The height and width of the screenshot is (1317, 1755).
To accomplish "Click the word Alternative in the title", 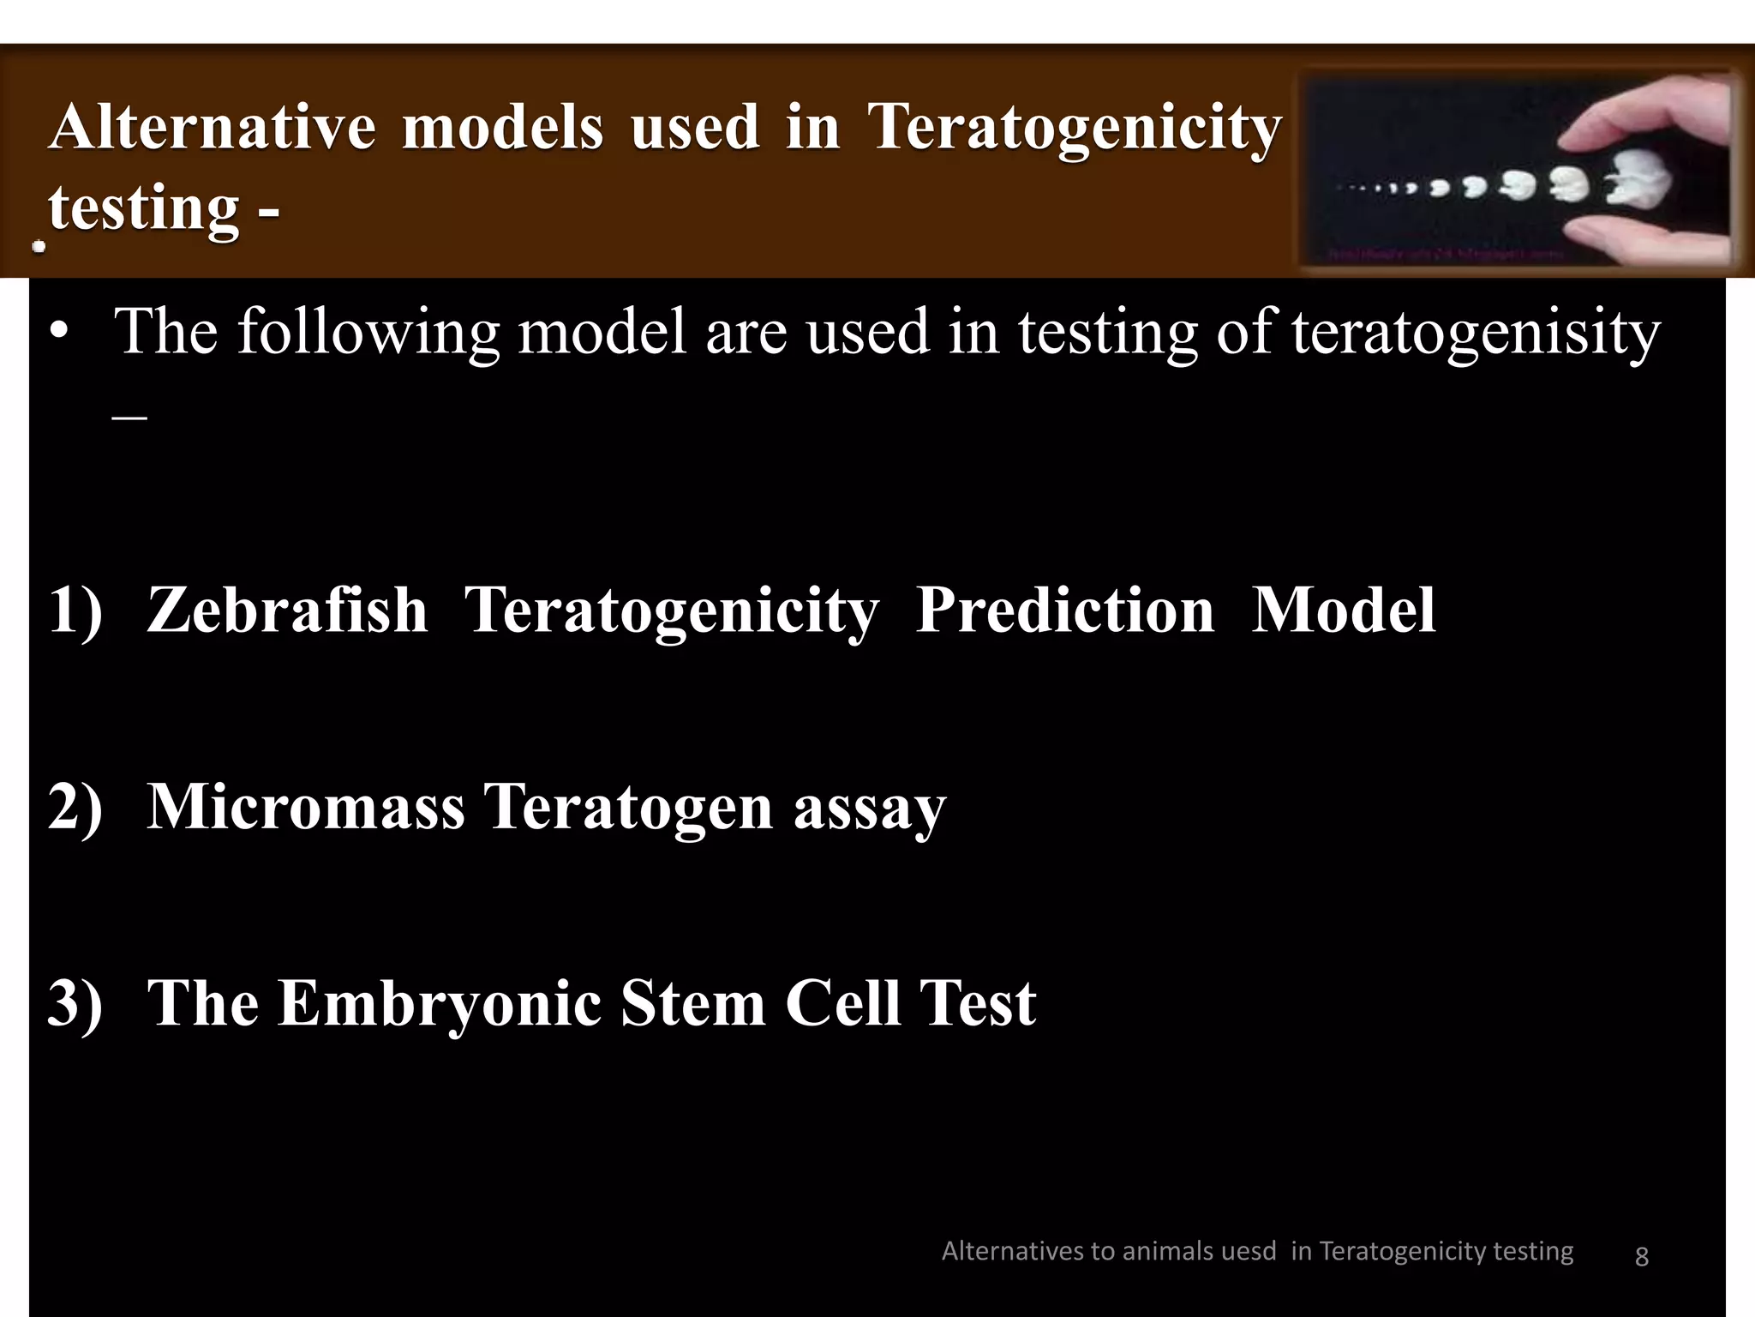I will [212, 127].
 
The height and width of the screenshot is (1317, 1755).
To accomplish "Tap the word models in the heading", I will [502, 127].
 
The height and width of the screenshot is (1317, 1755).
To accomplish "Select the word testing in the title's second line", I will [143, 207].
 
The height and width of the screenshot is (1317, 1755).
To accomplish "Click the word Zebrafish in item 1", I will [287, 610].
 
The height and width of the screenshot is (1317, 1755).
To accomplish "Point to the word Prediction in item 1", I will [1064, 610].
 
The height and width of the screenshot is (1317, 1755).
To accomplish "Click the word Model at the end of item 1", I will [1343, 610].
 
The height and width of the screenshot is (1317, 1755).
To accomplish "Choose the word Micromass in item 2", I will [306, 807].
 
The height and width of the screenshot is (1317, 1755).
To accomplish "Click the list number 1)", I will [75, 610].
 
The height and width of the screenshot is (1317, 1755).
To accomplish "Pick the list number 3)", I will [75, 1003].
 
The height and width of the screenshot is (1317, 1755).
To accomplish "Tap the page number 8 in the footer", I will [1641, 1256].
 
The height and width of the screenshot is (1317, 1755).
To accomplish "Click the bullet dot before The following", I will [57, 334].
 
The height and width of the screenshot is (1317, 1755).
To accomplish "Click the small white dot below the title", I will [39, 247].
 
